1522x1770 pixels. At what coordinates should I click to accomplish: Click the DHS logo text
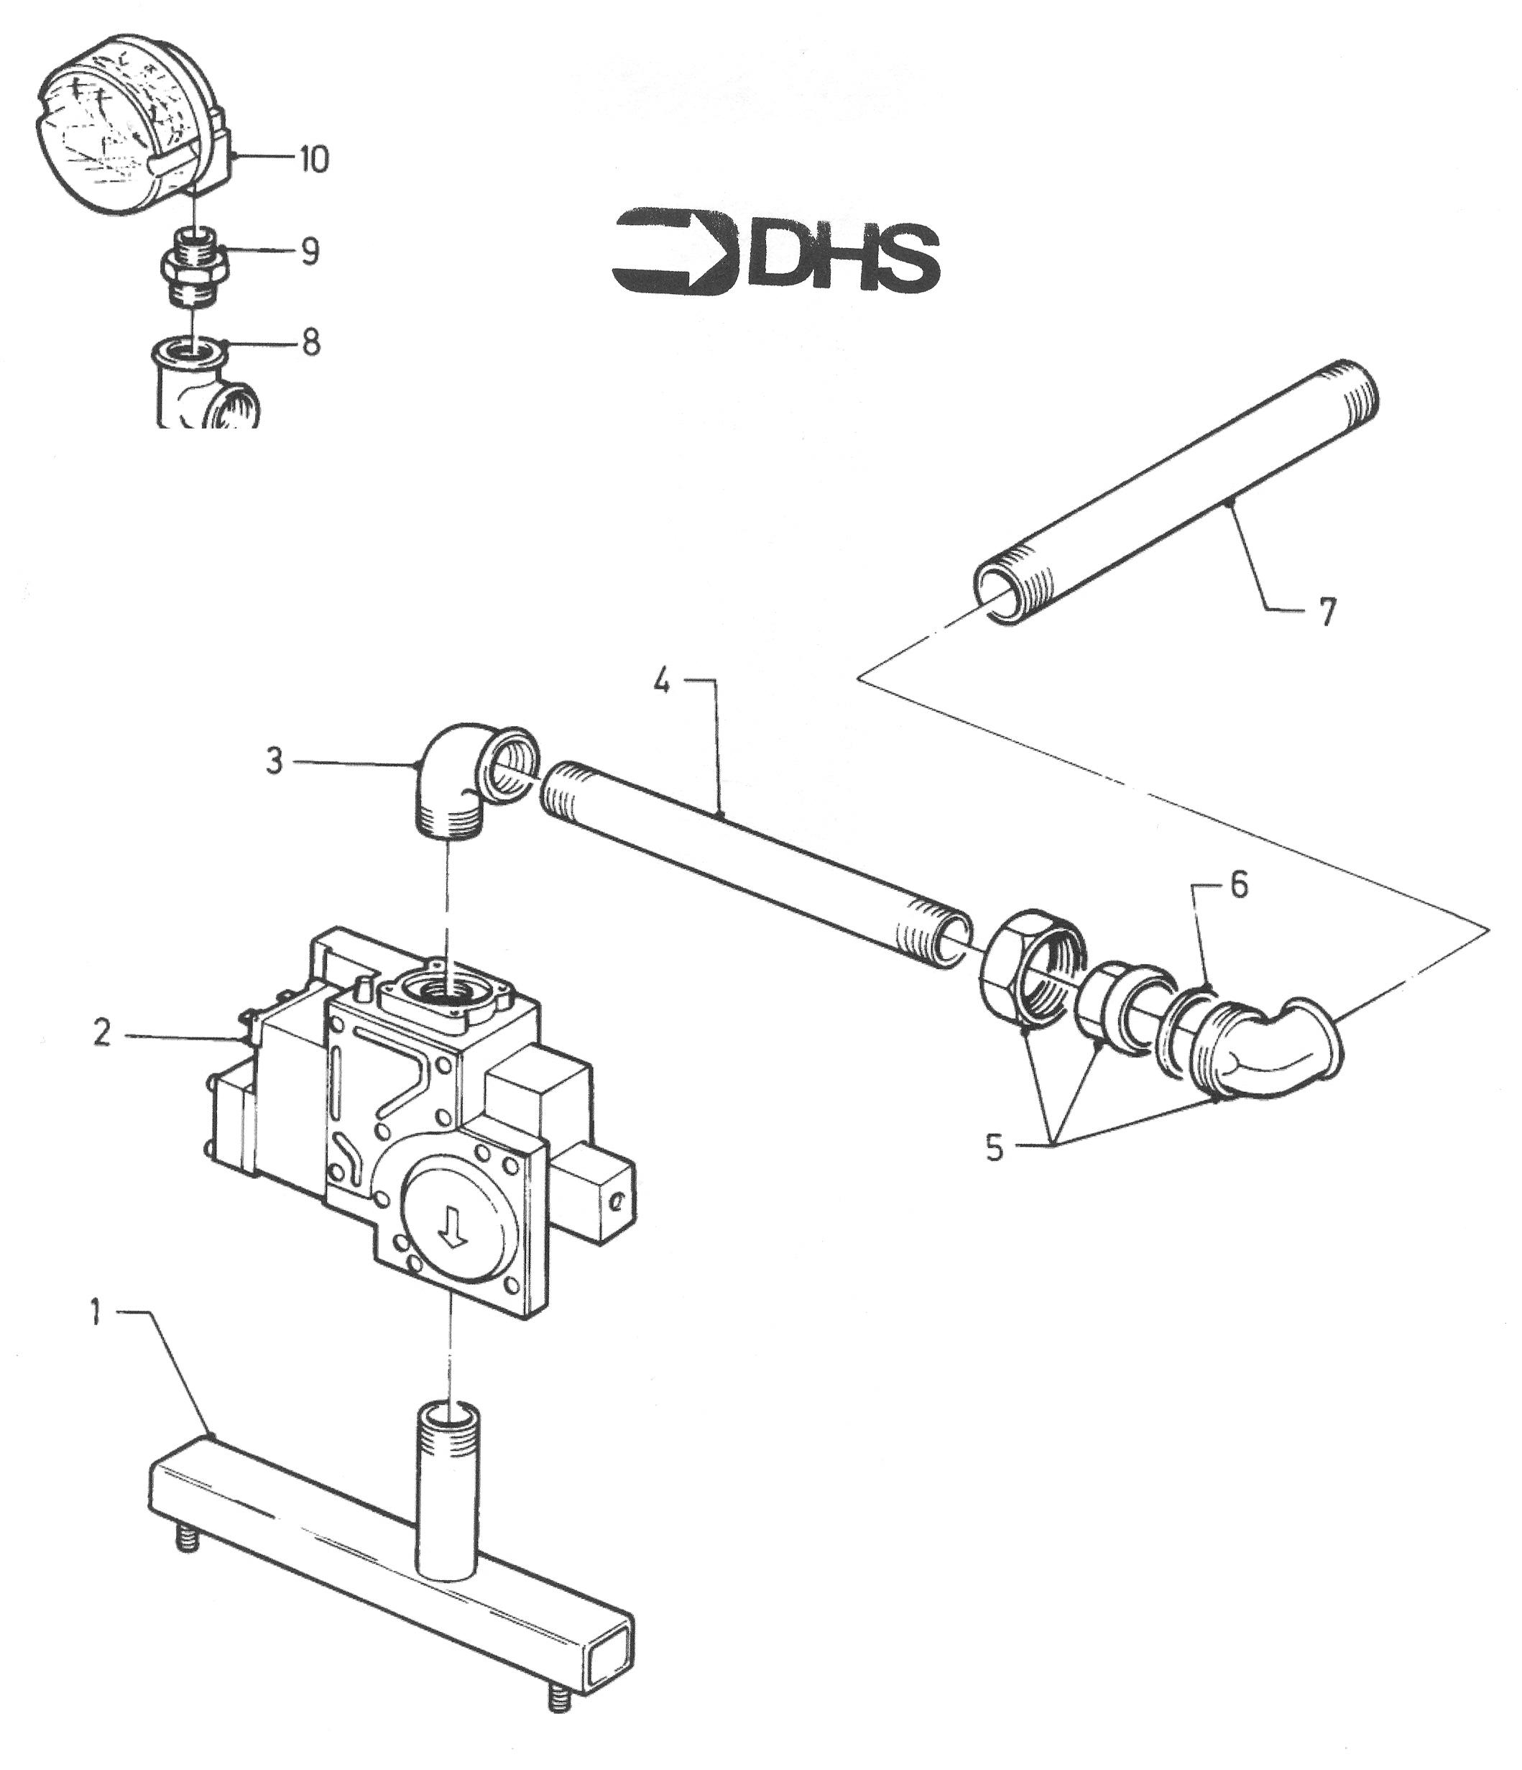pyautogui.click(x=844, y=255)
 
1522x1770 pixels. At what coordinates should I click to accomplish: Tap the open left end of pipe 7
pyautogui.click(x=1002, y=590)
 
